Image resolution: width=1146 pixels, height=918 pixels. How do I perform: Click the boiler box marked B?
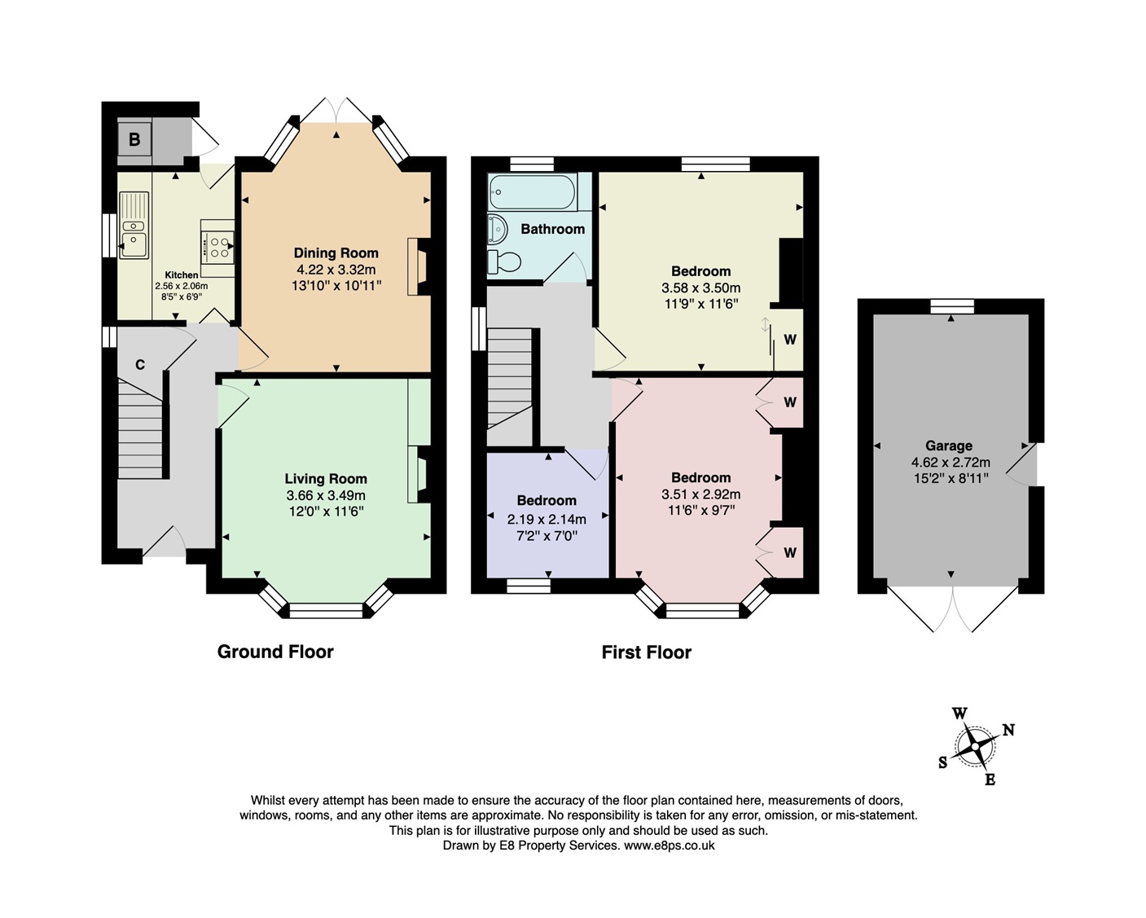[x=134, y=139]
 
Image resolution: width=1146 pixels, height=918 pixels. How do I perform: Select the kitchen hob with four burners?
[x=219, y=247]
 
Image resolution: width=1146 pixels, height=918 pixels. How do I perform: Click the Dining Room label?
[x=336, y=253]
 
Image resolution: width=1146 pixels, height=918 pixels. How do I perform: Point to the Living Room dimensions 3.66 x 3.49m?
[x=326, y=495]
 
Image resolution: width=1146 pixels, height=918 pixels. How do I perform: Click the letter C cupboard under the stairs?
[x=140, y=365]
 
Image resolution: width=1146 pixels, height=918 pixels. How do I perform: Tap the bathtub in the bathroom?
[x=532, y=192]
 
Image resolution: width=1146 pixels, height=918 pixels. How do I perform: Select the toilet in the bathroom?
[x=504, y=262]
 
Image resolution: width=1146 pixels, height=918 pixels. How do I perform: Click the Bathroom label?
[x=552, y=229]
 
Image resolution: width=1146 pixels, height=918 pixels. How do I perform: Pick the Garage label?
[x=948, y=446]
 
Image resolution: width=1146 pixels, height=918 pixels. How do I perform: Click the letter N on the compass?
[x=1008, y=730]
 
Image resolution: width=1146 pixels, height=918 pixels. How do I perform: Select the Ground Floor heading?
[x=275, y=652]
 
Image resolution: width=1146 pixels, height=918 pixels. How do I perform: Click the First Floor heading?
[x=646, y=652]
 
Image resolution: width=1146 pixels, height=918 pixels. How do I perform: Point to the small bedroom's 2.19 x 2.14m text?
[x=547, y=519]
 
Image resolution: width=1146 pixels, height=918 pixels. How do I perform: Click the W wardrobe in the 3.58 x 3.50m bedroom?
[x=789, y=340]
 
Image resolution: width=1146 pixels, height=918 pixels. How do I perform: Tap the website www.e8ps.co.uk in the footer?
[x=669, y=846]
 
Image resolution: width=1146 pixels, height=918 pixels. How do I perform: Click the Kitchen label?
[x=182, y=275]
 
